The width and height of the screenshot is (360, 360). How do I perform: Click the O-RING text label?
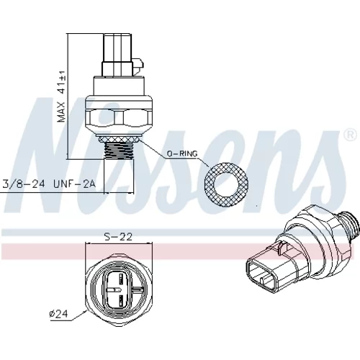click(182, 153)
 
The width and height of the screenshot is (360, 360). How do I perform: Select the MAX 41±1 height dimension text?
click(61, 96)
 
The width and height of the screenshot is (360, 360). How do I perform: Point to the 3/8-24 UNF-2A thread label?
click(49, 184)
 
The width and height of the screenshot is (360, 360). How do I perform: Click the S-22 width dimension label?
click(118, 237)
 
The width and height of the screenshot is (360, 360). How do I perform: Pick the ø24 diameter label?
click(59, 314)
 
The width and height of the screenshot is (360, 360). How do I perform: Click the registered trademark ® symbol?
click(350, 135)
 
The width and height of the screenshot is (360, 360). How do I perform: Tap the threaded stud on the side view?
click(119, 150)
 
